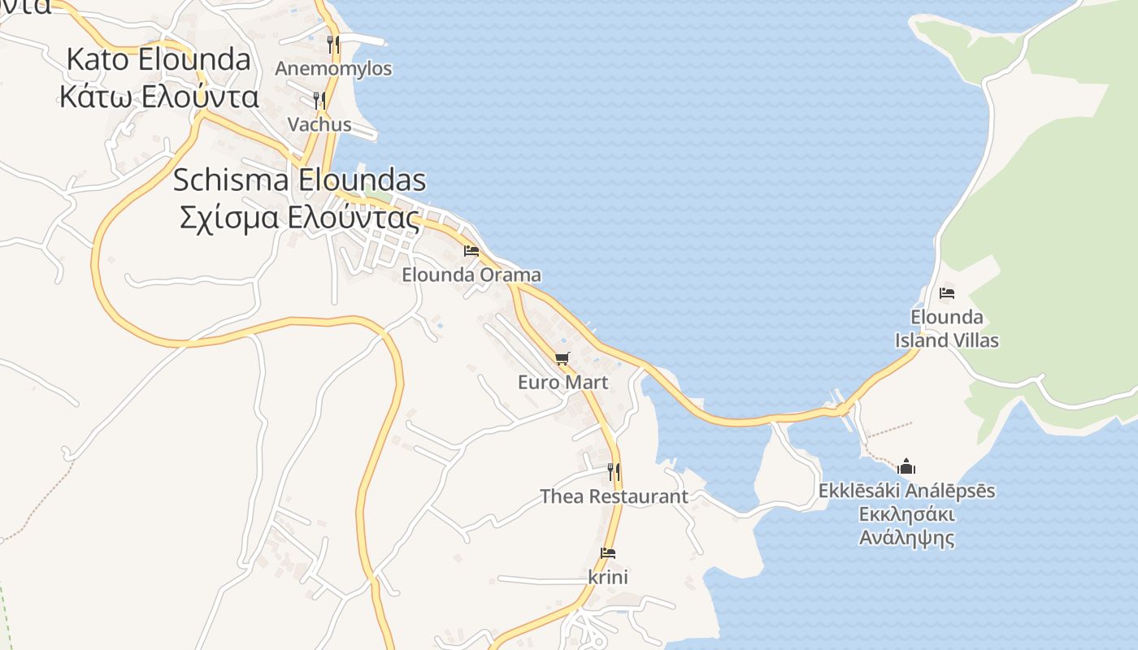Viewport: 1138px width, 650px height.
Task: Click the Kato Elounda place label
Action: point(159,59)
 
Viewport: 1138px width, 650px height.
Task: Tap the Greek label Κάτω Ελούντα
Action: point(159,97)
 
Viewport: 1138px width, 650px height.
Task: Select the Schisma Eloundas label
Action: point(299,180)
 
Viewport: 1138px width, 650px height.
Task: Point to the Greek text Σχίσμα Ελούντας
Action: point(299,218)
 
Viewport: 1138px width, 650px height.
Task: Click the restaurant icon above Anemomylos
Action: point(332,44)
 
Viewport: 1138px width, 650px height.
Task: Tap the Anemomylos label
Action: point(333,68)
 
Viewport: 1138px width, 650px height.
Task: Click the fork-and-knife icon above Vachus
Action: point(319,101)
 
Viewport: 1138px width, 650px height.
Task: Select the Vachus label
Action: point(319,124)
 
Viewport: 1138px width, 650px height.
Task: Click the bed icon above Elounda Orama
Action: point(471,251)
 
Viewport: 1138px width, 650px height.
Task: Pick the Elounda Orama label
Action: point(471,275)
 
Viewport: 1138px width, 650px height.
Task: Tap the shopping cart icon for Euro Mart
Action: point(562,358)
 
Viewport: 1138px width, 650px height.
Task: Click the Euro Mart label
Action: point(562,382)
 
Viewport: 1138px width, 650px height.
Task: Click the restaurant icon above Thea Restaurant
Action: point(615,472)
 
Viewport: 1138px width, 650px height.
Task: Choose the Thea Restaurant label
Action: point(615,496)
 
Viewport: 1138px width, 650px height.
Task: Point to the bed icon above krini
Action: point(608,553)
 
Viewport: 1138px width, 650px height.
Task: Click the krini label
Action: point(608,577)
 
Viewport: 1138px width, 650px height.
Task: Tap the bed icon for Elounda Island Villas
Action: point(947,293)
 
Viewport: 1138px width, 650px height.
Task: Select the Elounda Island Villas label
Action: point(947,328)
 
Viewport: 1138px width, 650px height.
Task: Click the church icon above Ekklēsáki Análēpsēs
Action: point(906,466)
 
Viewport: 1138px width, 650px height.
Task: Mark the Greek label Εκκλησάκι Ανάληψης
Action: point(906,526)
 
